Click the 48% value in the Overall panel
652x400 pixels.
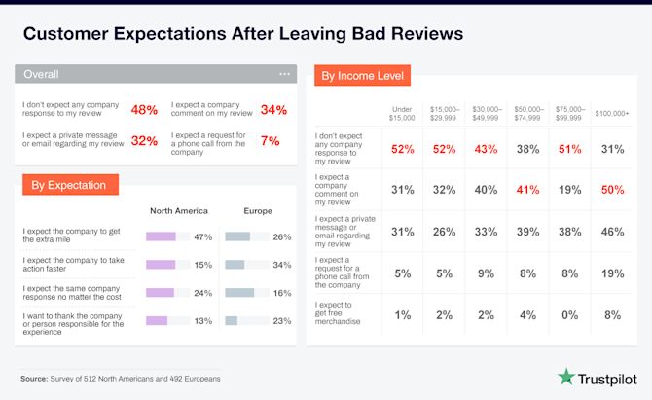point(144,109)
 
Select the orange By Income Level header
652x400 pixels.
point(362,75)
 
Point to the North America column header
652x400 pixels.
point(179,210)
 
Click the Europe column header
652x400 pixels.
point(258,210)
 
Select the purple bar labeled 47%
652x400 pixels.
point(161,236)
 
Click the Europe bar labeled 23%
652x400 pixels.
point(231,320)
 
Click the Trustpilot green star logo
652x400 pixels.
point(567,377)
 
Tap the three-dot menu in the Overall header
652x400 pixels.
point(284,74)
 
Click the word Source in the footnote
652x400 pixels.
point(33,378)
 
